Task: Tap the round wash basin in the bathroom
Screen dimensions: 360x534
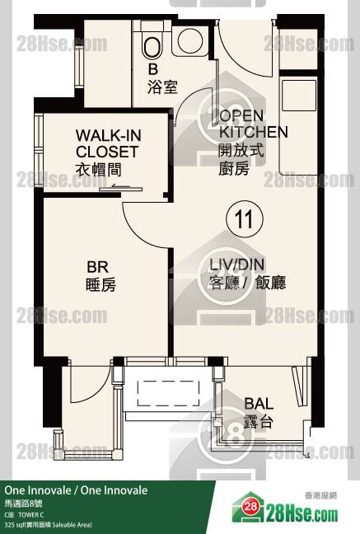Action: pos(190,41)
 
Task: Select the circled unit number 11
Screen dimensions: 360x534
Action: pos(245,219)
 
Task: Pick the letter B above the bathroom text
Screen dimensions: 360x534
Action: pos(153,69)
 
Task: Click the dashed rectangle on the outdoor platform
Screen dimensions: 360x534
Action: pos(168,393)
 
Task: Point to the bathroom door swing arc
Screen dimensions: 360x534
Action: pos(187,99)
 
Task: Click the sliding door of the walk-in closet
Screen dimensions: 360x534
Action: pos(121,189)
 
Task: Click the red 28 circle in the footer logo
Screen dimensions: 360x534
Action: pos(250,507)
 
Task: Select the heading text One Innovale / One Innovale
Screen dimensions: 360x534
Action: pos(76,490)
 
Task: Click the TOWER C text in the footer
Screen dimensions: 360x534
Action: pos(31,515)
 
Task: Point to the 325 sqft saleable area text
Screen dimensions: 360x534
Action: pos(49,525)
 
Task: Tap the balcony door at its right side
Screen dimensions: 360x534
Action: pos(299,386)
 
